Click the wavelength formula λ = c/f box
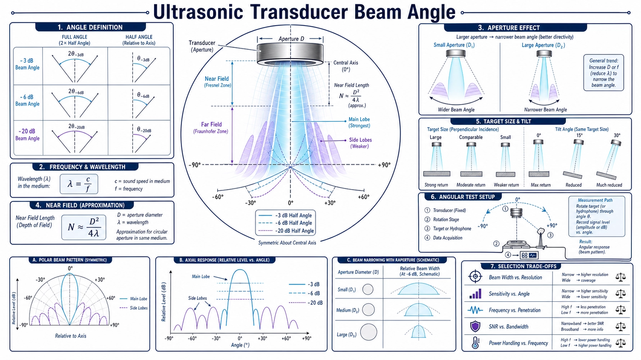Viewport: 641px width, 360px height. point(79,184)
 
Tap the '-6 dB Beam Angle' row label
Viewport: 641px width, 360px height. point(27,100)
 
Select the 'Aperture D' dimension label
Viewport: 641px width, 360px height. point(291,39)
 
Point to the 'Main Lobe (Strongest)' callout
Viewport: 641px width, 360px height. point(359,123)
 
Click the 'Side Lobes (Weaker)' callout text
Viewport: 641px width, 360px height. point(360,143)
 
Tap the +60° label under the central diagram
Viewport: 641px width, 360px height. point(364,197)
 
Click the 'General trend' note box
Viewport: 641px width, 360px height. point(603,73)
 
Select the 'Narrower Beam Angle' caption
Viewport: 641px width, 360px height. point(546,110)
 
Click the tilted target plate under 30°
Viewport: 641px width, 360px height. point(606,175)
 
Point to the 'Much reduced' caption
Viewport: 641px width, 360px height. point(609,185)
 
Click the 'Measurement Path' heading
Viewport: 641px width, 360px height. point(595,200)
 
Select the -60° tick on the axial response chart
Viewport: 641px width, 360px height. point(192,338)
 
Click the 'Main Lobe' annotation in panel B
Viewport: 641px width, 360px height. point(201,277)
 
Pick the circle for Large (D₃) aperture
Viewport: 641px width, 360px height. point(368,332)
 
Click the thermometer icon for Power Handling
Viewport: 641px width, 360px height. point(475,342)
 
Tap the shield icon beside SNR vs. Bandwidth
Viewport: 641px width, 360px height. point(475,326)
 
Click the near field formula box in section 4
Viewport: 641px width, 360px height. point(84,227)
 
